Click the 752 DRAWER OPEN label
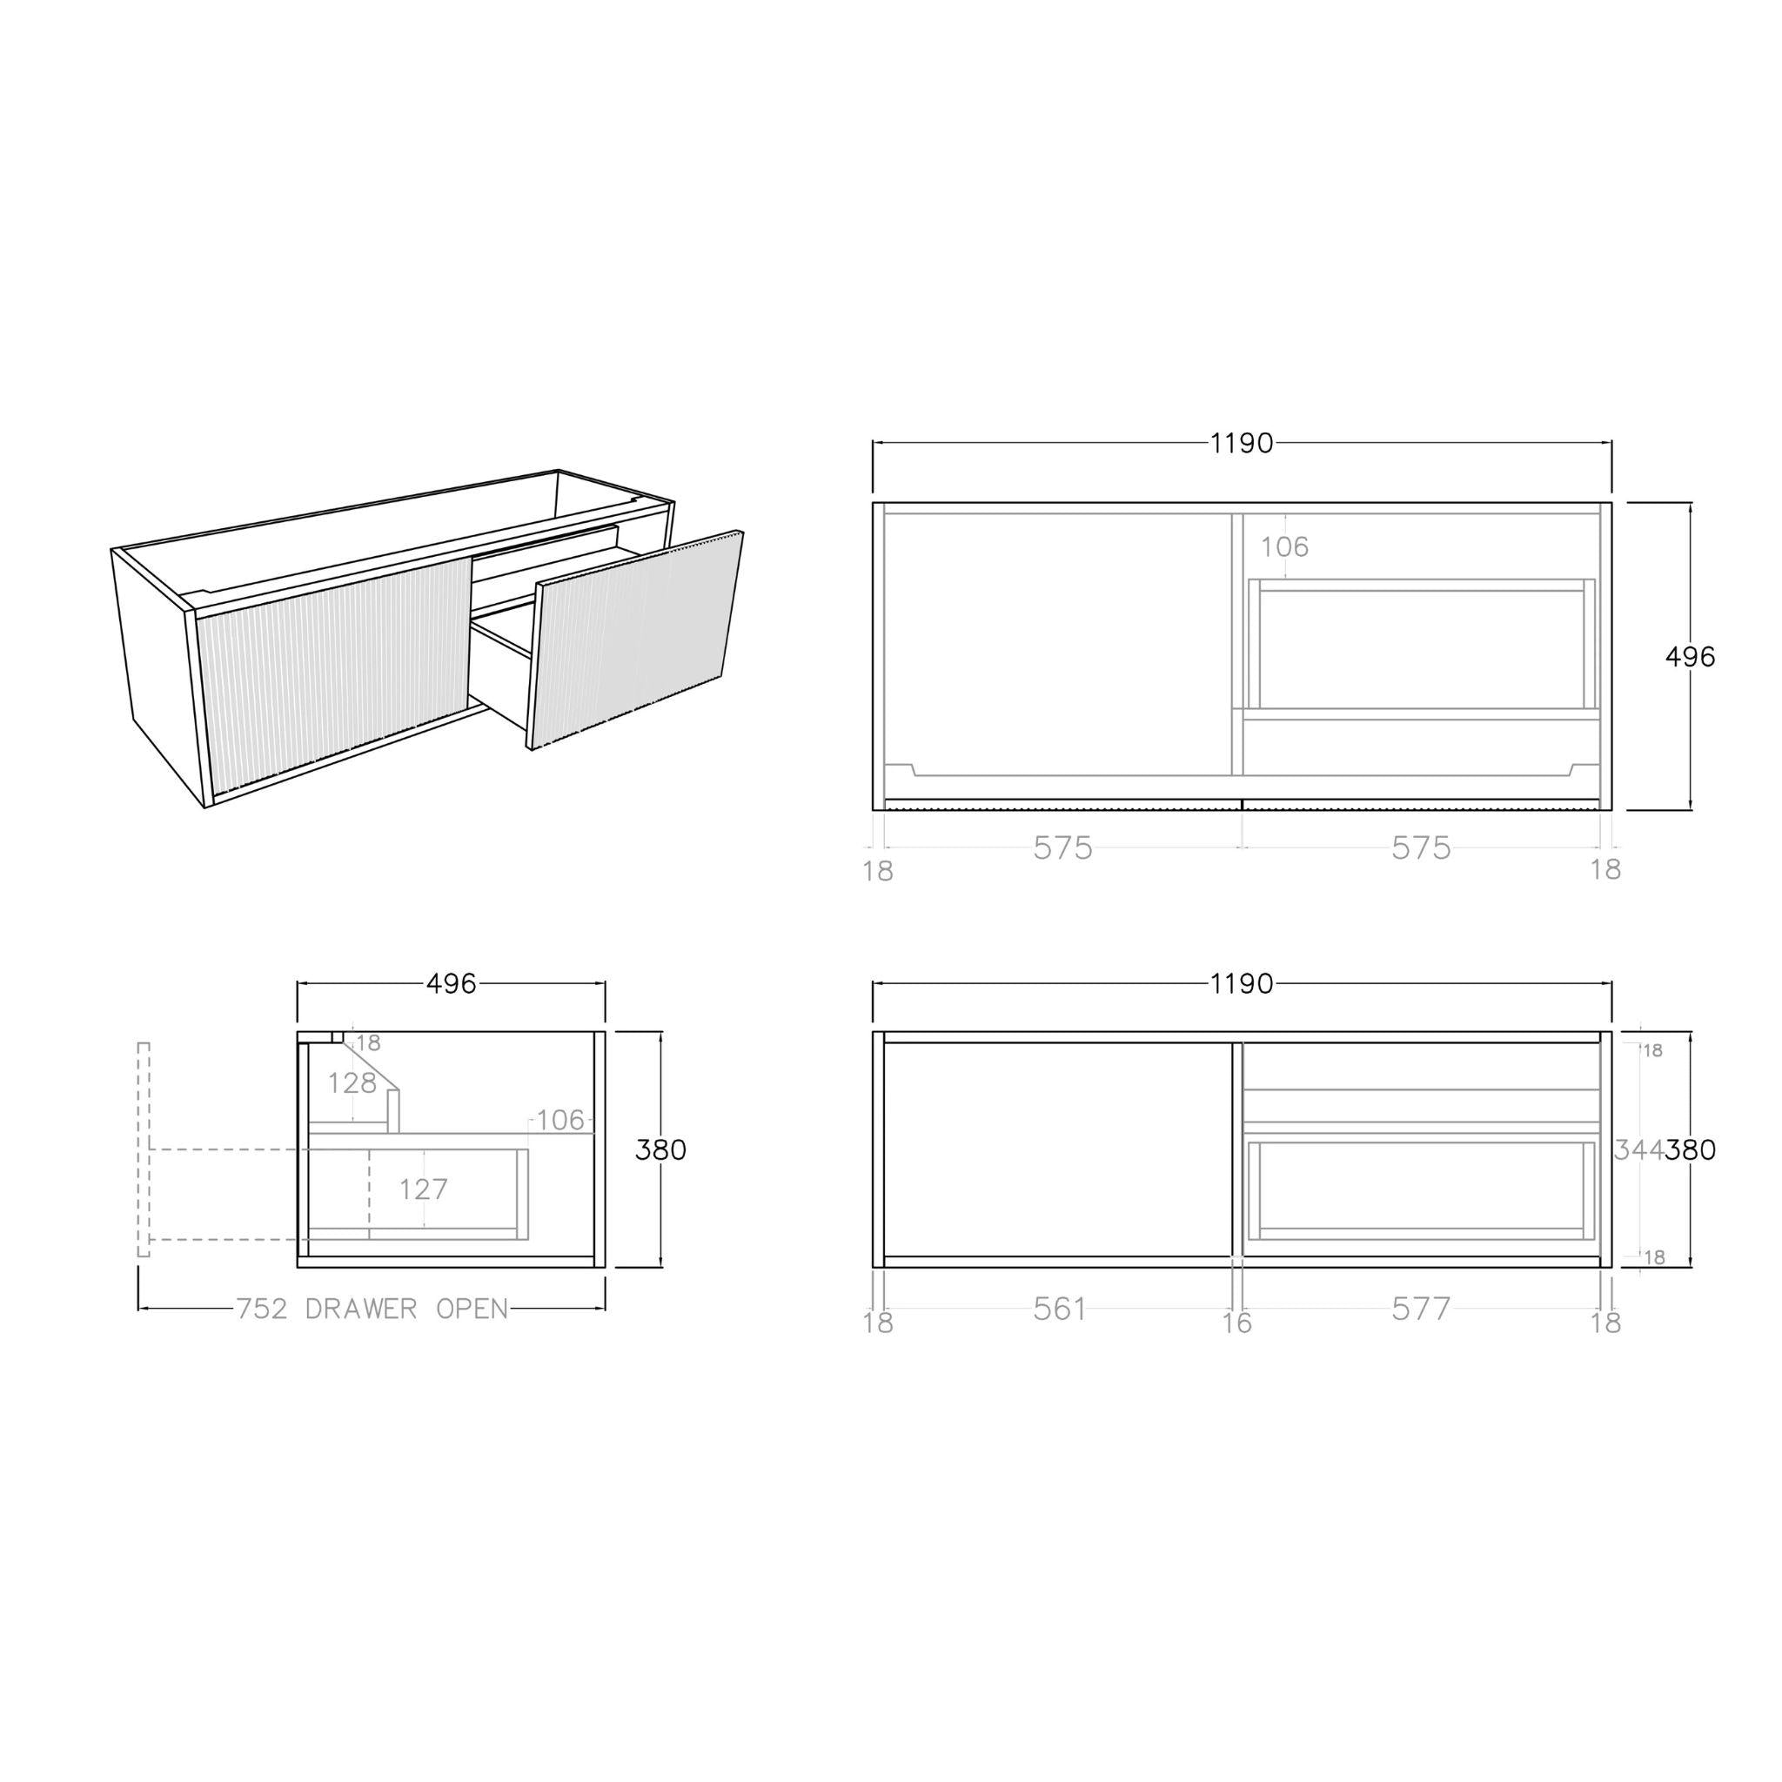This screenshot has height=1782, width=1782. [x=372, y=1308]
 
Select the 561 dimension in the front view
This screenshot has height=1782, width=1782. [x=1060, y=1308]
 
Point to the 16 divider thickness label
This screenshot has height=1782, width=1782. [x=1237, y=1323]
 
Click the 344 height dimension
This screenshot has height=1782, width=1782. [x=1639, y=1149]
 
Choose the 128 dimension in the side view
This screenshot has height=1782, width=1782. [x=352, y=1082]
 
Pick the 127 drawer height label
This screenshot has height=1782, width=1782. [x=424, y=1189]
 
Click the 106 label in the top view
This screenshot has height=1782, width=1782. [x=1284, y=547]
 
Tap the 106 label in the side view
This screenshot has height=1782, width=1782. [x=559, y=1121]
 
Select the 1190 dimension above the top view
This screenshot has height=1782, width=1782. [x=1242, y=444]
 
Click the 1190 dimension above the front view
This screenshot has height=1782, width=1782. [x=1242, y=984]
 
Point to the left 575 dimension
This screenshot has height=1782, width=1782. [x=1062, y=847]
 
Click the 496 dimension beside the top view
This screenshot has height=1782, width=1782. [x=1690, y=657]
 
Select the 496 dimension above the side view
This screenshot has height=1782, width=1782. [x=451, y=984]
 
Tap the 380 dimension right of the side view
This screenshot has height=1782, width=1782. [x=661, y=1149]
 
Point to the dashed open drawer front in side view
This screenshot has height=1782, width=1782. [x=143, y=1149]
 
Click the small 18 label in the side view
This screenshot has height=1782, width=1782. [x=368, y=1043]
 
